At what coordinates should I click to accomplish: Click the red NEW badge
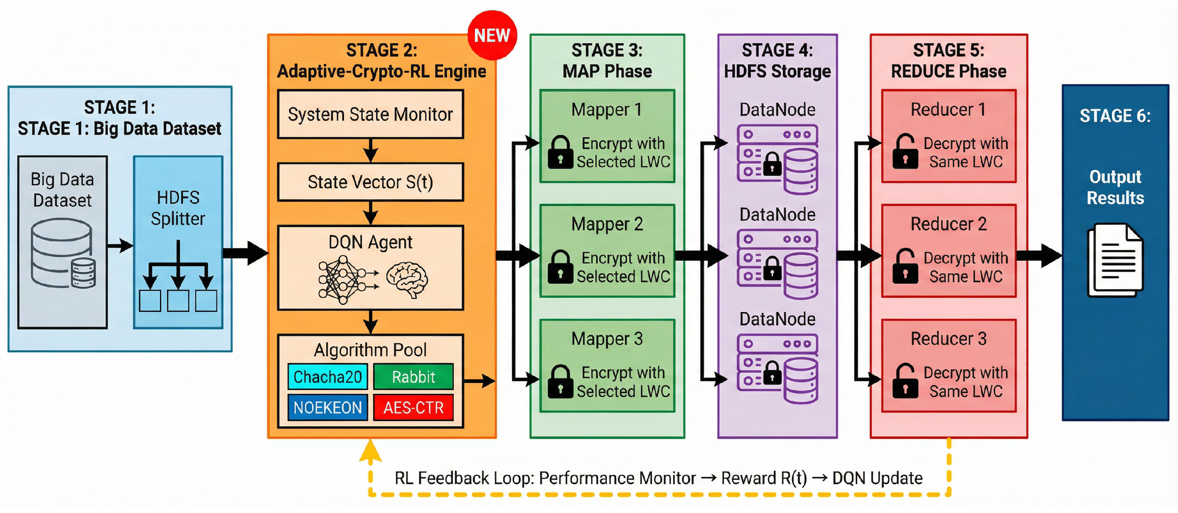[x=492, y=35]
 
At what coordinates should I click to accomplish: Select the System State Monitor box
[x=370, y=114]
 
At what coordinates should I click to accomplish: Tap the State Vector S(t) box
[x=370, y=182]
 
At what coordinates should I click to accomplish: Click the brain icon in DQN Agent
[x=406, y=279]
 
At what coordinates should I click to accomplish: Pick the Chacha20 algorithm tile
[x=327, y=377]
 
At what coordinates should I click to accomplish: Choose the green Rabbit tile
[x=413, y=377]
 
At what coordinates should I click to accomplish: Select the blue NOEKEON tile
[x=327, y=407]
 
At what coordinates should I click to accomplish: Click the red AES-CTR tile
[x=413, y=407]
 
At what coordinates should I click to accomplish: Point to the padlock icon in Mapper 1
[x=560, y=152]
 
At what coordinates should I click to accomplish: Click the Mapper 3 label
[x=607, y=339]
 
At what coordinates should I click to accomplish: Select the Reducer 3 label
[x=949, y=339]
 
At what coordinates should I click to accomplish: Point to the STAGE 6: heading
[x=1115, y=115]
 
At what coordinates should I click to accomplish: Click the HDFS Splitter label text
[x=178, y=208]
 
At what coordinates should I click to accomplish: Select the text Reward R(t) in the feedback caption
[x=764, y=478]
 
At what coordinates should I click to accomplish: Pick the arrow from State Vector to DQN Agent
[x=370, y=213]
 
